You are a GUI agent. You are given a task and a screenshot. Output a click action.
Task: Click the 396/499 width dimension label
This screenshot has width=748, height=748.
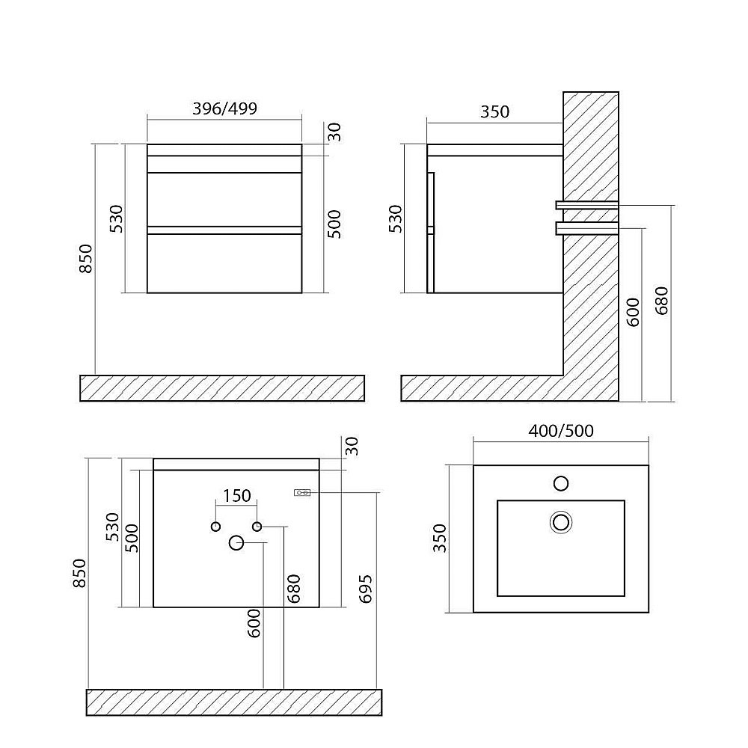coord(224,108)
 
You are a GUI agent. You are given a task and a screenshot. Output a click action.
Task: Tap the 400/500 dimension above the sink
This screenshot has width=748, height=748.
coord(561,431)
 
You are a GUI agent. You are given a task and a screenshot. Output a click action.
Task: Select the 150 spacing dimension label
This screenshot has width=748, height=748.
coord(237,496)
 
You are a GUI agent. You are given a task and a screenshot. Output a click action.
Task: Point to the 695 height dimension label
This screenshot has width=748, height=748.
coord(365,589)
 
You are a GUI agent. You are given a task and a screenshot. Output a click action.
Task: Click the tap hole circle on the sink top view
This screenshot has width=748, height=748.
coord(561,483)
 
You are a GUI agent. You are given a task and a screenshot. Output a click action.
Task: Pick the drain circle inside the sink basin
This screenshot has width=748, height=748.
coord(561,522)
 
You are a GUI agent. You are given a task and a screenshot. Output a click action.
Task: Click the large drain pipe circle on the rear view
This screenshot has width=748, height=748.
coord(236,543)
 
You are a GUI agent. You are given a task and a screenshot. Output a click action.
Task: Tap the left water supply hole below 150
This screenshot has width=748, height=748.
coord(215,527)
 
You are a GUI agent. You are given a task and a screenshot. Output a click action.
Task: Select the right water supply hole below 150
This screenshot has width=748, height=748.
coord(257,527)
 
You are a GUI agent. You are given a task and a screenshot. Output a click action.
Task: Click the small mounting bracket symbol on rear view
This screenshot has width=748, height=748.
coord(302,492)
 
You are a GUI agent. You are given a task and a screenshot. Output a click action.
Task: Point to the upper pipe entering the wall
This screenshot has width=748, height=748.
coord(587,205)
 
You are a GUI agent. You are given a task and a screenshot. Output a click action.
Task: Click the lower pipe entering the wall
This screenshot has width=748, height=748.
coord(587,228)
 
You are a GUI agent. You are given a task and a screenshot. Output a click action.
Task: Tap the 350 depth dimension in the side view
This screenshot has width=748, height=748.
coord(494,111)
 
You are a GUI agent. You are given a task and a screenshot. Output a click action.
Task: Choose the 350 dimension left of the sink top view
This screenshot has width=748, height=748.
coord(439,538)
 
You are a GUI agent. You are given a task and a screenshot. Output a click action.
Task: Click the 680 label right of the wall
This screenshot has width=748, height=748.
coord(662,301)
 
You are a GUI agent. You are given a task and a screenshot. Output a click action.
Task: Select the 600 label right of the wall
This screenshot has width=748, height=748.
coord(633,312)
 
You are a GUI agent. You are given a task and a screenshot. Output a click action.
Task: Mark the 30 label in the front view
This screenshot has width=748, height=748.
coord(335,132)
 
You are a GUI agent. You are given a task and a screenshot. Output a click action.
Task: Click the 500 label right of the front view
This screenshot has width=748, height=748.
coord(335,224)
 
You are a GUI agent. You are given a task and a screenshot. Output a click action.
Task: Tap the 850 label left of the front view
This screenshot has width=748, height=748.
coord(85,259)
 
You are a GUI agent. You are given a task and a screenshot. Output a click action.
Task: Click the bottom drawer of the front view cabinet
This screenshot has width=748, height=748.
coord(224,263)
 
